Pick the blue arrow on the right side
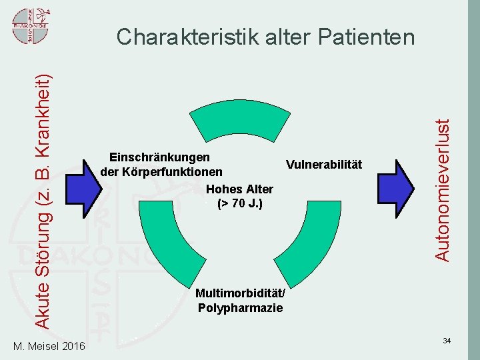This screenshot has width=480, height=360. click(399, 188)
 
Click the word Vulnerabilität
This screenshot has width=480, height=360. click(323, 164)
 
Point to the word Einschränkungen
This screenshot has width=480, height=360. click(159, 157)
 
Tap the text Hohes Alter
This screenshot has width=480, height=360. click(240, 189)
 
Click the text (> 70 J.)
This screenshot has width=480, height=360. click(240, 203)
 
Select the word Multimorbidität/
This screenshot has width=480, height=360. click(240, 293)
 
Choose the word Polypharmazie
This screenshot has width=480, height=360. click(240, 307)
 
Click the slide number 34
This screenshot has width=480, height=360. click(447, 341)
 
